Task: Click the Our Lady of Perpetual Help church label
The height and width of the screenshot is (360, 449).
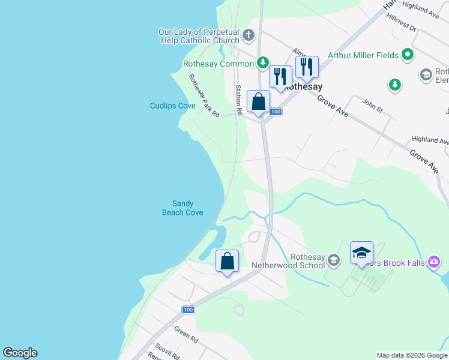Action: (199, 36)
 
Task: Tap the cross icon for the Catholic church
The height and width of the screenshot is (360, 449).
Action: (249, 36)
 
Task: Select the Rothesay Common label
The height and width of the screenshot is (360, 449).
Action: (219, 64)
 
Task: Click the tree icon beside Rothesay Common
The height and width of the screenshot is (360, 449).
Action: (262, 62)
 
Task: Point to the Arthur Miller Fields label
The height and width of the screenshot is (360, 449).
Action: (363, 55)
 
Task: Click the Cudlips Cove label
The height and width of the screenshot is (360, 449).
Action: (173, 106)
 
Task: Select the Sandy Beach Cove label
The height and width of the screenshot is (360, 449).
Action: (182, 208)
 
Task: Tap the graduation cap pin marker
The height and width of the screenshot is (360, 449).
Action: (361, 253)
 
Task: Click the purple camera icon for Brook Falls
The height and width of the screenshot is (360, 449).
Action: (435, 262)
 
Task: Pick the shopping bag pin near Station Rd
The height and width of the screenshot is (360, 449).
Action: (259, 103)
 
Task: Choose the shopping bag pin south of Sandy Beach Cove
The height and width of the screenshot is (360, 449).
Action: (227, 262)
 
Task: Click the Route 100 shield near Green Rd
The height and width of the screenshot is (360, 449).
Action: (188, 310)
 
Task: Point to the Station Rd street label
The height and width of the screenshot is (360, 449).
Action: (238, 100)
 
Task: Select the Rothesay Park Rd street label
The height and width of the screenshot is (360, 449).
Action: (203, 95)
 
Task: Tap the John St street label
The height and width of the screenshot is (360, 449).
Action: (372, 106)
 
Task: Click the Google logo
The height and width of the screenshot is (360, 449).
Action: (20, 353)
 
